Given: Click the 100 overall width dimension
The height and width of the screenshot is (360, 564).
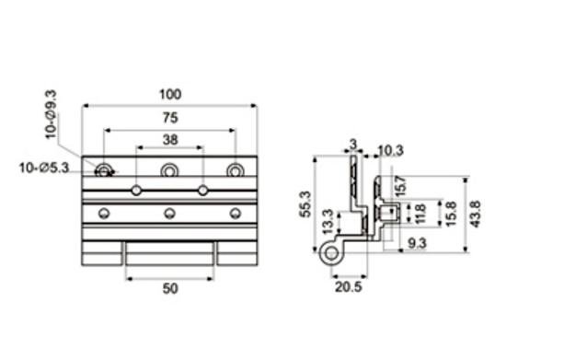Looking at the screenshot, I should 170,94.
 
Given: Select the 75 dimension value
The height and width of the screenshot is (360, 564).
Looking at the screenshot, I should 170,118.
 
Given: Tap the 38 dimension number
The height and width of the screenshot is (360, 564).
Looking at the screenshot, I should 170,140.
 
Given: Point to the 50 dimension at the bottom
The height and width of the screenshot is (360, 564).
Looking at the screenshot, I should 170,288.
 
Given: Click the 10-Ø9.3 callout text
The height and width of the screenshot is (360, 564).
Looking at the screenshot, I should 52,112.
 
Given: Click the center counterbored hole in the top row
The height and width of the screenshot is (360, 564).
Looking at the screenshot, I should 170,169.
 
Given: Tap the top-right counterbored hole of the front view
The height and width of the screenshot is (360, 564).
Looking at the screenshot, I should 236,169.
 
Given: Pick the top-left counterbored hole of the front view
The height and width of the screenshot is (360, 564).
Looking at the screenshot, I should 105,169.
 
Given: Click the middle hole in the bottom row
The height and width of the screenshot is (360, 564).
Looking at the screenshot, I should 170,214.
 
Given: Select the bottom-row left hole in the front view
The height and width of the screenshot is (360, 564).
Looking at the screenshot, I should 105,214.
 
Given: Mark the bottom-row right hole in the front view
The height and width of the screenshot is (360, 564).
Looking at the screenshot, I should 236,214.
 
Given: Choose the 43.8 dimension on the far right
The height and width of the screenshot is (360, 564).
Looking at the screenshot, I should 476,215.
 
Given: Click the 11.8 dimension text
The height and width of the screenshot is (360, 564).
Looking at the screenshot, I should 420,214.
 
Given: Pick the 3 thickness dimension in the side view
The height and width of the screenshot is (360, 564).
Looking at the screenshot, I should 352,143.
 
